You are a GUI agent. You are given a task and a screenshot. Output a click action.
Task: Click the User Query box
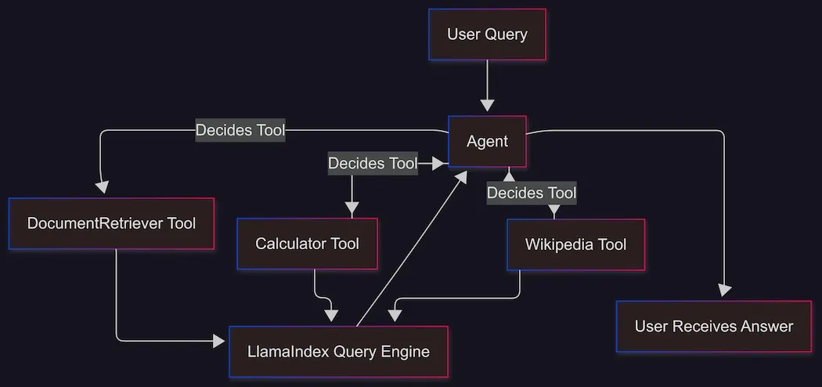coord(487,34)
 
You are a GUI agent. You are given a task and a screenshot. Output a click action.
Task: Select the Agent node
coord(487,142)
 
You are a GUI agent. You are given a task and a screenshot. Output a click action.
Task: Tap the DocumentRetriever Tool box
coord(111,223)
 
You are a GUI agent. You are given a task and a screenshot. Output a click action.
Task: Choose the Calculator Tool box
coord(307,244)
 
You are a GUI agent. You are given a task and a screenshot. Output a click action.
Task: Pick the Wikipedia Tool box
coord(575,244)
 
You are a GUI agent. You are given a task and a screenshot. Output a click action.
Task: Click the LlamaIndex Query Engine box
coord(338,352)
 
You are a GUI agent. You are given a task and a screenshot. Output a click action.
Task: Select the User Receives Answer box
coord(713,327)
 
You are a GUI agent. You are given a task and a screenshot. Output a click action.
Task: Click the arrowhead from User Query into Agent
coord(488,104)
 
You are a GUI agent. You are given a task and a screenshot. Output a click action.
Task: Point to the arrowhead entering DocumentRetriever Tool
coord(102,187)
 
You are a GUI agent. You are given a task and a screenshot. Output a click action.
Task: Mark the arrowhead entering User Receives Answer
coord(724,290)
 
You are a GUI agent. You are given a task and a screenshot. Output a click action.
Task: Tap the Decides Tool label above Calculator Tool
coord(372,164)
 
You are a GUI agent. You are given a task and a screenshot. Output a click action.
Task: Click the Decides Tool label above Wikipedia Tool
coord(532,193)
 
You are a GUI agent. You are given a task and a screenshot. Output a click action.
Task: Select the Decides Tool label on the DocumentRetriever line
coord(240,130)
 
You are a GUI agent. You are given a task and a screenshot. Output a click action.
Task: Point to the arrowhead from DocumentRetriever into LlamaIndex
coord(218,341)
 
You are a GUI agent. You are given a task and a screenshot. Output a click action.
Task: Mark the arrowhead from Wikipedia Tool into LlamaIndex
coord(396,315)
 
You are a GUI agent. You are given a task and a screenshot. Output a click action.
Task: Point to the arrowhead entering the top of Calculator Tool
coord(352,210)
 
